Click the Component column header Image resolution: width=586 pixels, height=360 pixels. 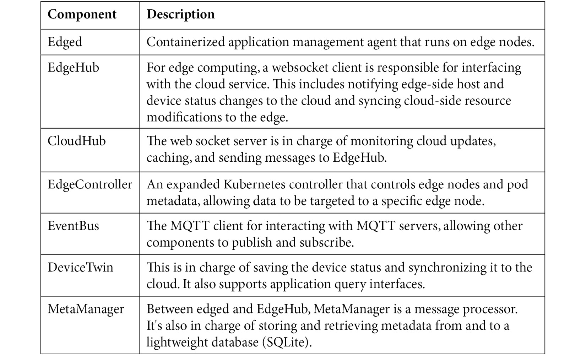82,15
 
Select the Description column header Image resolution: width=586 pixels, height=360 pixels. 180,15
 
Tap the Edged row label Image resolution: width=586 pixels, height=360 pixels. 65,42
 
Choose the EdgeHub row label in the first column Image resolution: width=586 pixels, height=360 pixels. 73,68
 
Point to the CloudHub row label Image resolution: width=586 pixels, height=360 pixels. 76,141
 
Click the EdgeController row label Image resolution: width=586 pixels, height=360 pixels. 89,184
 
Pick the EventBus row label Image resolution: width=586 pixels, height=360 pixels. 73,226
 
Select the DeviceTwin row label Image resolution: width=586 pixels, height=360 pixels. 80,268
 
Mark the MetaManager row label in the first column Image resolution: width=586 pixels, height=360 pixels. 86,309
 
